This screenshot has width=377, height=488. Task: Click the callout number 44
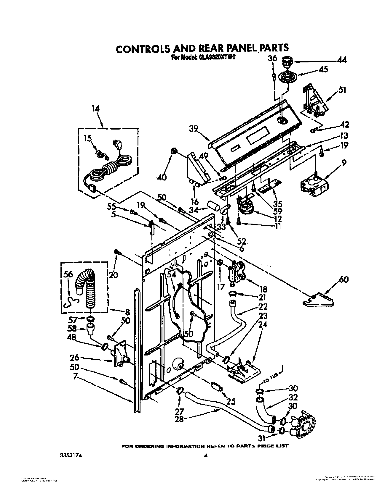(x=342, y=60)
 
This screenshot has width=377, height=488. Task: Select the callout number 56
(x=68, y=274)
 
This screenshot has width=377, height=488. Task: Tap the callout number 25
(x=231, y=401)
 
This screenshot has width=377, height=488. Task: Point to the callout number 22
(x=263, y=306)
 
